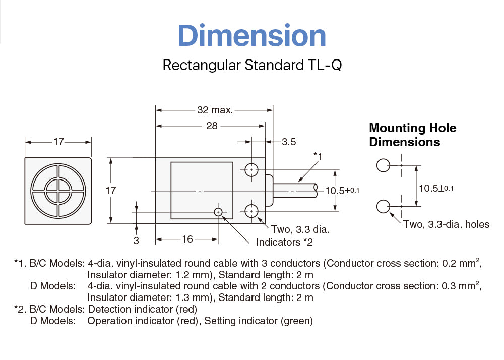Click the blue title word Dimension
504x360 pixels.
tap(252, 36)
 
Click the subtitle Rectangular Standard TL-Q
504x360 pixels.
tap(252, 66)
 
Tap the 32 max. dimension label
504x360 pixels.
tap(215, 110)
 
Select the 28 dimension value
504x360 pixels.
tap(212, 126)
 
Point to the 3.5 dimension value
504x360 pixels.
tap(289, 142)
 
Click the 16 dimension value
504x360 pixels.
tap(187, 239)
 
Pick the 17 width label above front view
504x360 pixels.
tap(59, 142)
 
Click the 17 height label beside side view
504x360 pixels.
tap(111, 190)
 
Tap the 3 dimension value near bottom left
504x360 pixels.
tap(136, 241)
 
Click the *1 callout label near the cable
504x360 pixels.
tap(318, 156)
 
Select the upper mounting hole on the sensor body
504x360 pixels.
tap(251, 170)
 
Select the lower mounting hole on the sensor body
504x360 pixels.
tap(251, 210)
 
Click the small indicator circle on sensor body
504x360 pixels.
tap(218, 212)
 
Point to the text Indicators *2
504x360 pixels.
tap(285, 242)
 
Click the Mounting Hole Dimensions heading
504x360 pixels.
tap(412, 135)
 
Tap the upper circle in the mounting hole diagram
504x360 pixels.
tap(383, 165)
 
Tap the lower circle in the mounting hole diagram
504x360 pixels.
tap(383, 206)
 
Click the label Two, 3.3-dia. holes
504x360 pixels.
tap(446, 224)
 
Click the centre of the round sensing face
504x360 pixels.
tap(58, 190)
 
